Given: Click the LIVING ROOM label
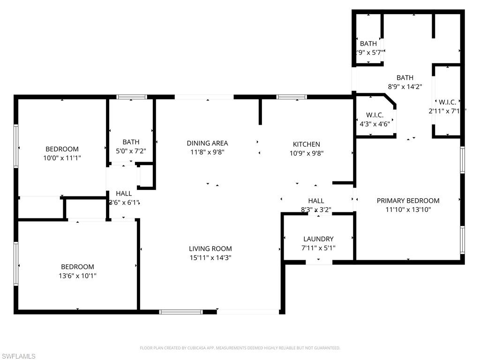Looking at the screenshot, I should coord(210,249).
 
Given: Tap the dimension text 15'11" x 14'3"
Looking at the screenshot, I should coord(210,257).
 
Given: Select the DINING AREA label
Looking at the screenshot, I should coord(207,143).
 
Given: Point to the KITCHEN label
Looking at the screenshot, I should coord(306,144).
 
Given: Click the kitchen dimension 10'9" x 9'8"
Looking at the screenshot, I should coord(306,153).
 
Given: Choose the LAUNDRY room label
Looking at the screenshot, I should coord(318,239).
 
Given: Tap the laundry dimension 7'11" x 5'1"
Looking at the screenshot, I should coord(318,248).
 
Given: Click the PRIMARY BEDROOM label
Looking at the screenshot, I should coord(408,201).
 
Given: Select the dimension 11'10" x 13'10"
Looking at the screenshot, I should coord(408,210).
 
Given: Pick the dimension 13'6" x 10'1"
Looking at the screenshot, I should coord(77,276).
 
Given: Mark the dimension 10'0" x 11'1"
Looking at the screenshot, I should coord(62,158).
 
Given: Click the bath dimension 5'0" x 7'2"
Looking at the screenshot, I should coord(131,151).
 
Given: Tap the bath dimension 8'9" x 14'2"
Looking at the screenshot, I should coord(405,86).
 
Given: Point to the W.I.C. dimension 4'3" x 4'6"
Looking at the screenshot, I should coord(374,124).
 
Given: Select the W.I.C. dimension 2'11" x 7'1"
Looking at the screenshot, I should coord(447,111).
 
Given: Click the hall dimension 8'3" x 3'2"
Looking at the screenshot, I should coord(316,210).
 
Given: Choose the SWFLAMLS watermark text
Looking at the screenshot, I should coord(18,356).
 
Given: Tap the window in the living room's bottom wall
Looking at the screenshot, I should coord(181,311).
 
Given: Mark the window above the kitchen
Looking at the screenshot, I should coord(292,97).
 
